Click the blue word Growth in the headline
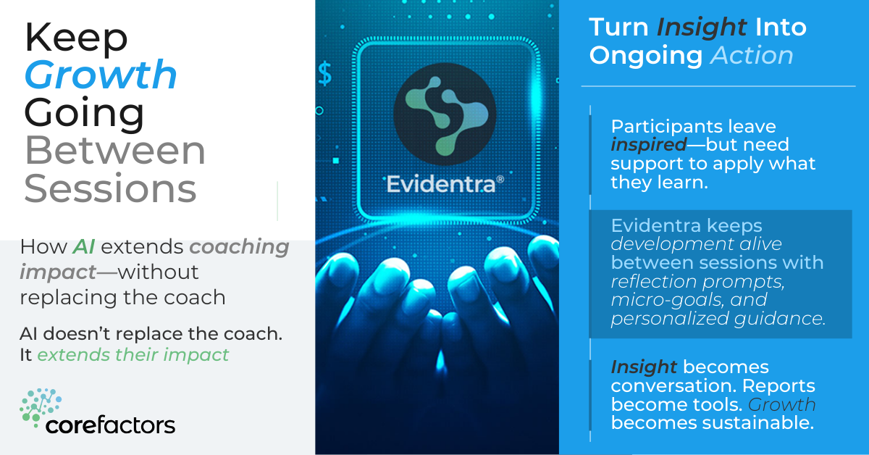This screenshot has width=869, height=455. [101, 75]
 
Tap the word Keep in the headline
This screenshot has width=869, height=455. [76, 37]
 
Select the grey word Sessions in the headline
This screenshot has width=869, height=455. [110, 188]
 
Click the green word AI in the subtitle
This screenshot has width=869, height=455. [84, 246]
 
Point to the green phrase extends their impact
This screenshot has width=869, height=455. [133, 355]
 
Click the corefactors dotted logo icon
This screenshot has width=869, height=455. [41, 408]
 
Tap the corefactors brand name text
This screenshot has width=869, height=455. [110, 425]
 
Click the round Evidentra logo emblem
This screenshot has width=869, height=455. [445, 114]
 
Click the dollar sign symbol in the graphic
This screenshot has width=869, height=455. [325, 74]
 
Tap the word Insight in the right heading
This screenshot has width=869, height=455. [702, 28]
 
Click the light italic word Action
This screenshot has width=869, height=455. [752, 56]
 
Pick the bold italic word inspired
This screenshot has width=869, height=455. [649, 145]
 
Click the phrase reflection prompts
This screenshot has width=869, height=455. [697, 281]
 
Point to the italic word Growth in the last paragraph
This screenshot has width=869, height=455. [781, 405]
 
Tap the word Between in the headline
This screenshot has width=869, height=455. [115, 151]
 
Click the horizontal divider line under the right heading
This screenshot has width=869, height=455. [718, 85]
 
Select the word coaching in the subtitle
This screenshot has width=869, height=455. [240, 247]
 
